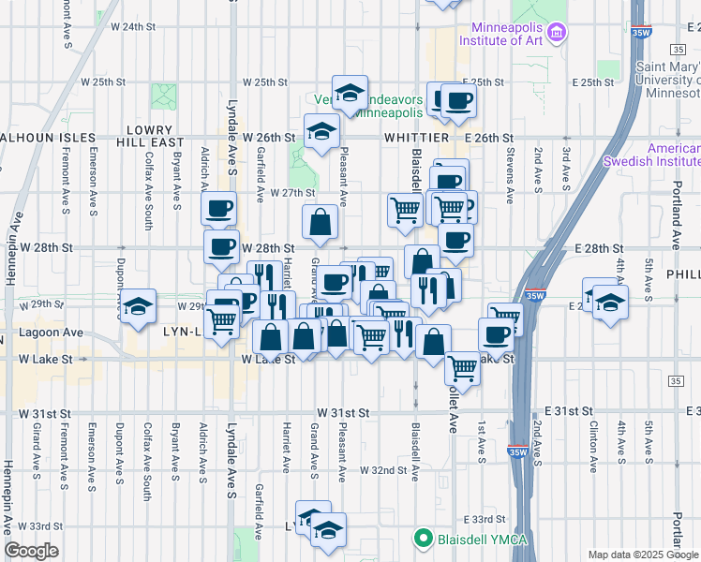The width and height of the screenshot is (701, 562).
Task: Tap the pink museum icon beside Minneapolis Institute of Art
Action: coord(558,33)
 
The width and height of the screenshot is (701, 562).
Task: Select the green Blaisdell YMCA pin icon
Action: coord(423,539)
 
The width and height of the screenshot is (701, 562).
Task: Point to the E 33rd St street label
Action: coord(485,519)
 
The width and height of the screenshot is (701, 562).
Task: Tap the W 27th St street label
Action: coord(291,192)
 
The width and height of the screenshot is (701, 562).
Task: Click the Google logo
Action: coord(31,551)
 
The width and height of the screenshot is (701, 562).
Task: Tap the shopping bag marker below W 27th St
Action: coord(320,222)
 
